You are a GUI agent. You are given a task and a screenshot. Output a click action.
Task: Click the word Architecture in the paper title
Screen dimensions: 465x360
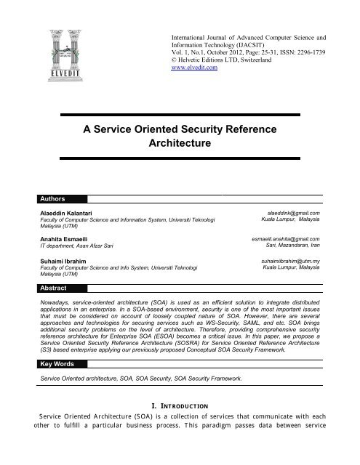[x=180, y=145]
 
